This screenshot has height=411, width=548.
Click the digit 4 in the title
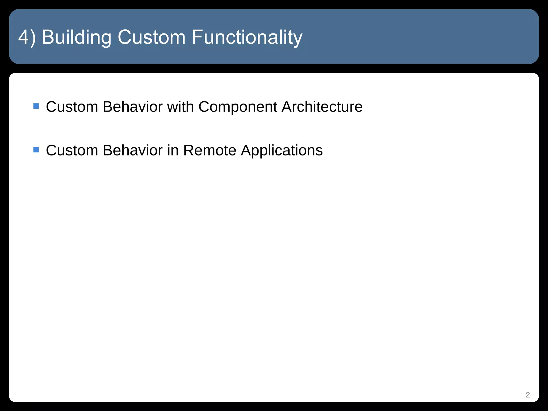tap(24, 37)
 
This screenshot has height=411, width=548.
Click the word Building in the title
tap(76, 37)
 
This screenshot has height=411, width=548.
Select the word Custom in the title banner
tap(151, 37)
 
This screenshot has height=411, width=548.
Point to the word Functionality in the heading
tap(247, 37)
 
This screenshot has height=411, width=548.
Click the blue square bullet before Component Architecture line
tap(36, 106)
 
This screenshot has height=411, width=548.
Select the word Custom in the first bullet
tap(72, 107)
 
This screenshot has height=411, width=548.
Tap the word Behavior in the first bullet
tap(132, 107)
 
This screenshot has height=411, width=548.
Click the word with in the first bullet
tap(180, 107)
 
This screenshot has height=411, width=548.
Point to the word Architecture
tap(322, 107)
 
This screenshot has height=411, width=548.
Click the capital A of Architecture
tap(287, 107)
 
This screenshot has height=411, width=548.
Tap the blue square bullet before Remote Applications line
tap(36, 150)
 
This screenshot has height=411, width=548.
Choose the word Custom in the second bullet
tap(72, 150)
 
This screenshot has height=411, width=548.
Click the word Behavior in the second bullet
tap(132, 150)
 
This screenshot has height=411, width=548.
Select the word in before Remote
tap(173, 150)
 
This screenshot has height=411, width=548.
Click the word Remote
tap(210, 150)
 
